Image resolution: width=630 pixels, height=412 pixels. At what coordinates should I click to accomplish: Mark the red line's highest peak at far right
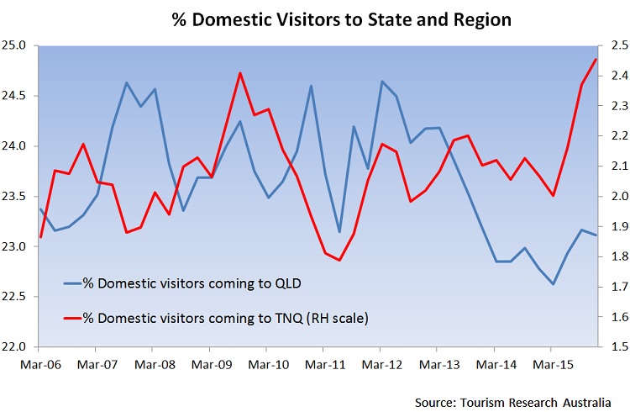pyautogui.click(x=596, y=59)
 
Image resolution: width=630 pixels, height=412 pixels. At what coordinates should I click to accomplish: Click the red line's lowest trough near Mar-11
pyautogui.click(x=339, y=260)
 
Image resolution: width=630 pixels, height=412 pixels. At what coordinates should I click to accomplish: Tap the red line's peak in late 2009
pyautogui.click(x=239, y=73)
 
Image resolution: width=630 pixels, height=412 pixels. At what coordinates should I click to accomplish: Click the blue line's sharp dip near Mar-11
pyautogui.click(x=339, y=232)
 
